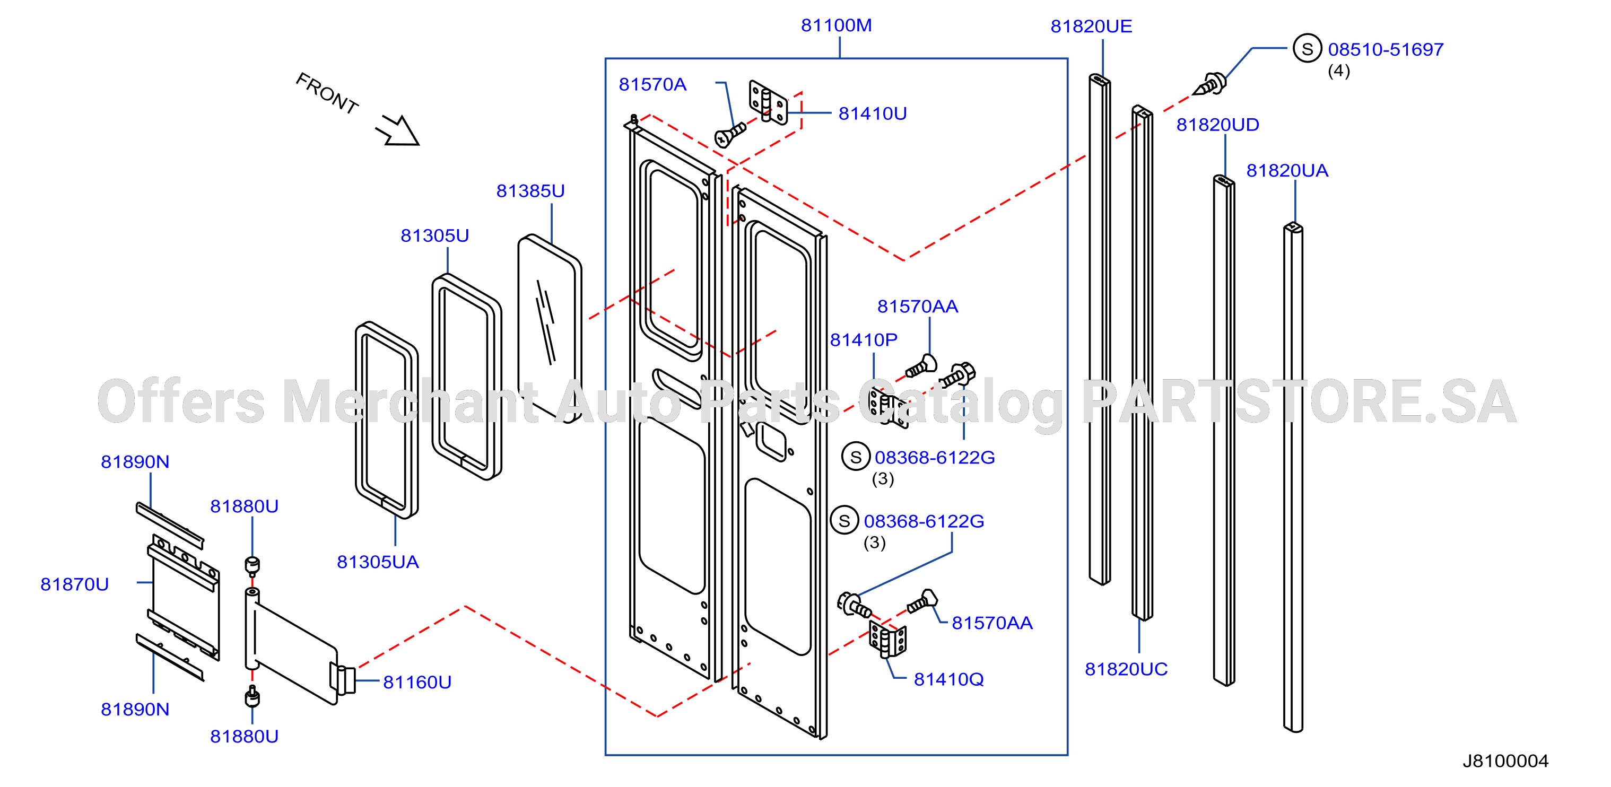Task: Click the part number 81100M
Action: pos(836,25)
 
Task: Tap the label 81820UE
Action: pos(1091,27)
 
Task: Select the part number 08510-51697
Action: pos(1386,50)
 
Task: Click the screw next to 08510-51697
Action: pos(1210,84)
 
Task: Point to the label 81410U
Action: pos(873,114)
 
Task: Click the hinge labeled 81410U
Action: pos(768,102)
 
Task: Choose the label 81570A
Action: pos(652,85)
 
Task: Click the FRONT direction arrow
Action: pos(398,130)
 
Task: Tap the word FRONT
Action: pos(327,94)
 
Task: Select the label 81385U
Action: pos(530,191)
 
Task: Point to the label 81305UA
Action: pos(378,563)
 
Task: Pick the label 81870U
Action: pos(74,584)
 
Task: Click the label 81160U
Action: pos(417,683)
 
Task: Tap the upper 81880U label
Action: pos(244,506)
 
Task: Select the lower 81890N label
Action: pos(135,710)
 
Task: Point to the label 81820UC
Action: pos(1126,669)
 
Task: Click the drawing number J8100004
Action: pos(1505,762)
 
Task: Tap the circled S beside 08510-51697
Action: pos(1307,49)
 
